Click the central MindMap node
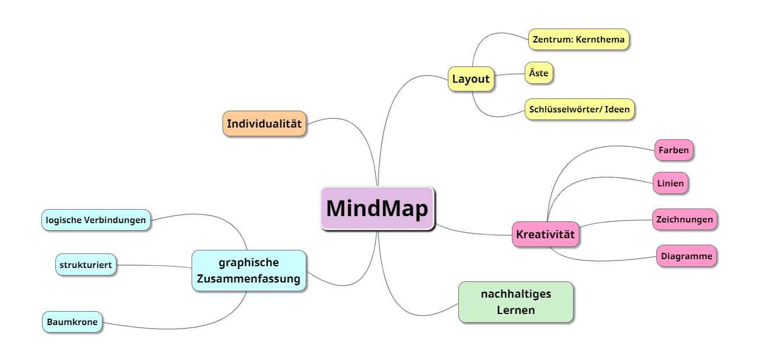tap(377, 208)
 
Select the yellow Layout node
tap(471, 79)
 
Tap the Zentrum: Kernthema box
tap(578, 40)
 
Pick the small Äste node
tap(539, 73)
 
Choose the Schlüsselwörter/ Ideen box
tap(579, 109)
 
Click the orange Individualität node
tap(264, 123)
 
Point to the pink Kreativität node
tap(545, 235)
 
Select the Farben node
tap(674, 150)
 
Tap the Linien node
tap(670, 183)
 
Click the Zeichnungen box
tap(684, 220)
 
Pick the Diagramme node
tap(686, 256)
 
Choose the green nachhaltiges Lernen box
tap(515, 302)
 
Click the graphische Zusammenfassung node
tap(249, 270)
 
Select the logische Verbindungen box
tap(96, 220)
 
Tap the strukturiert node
tap(86, 264)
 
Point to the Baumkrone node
tap(72, 322)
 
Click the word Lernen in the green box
tap(515, 310)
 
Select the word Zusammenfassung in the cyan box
tap(249, 279)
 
